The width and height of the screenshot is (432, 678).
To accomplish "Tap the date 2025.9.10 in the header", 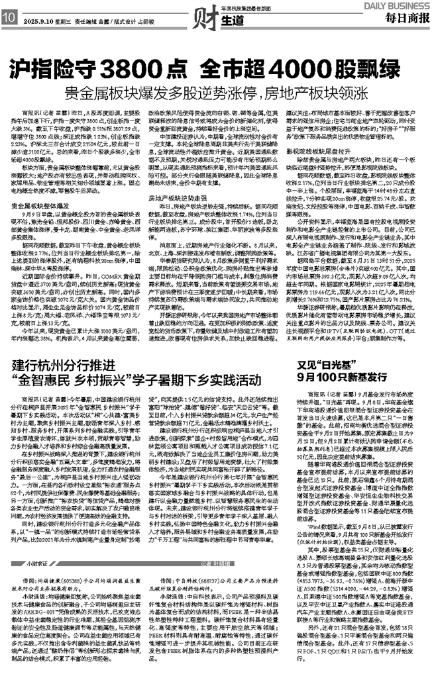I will (x=35, y=21).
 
